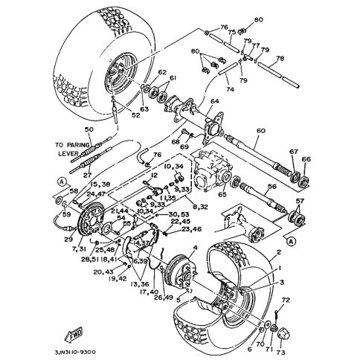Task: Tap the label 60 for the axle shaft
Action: (x=260, y=131)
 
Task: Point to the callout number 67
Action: (x=294, y=151)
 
